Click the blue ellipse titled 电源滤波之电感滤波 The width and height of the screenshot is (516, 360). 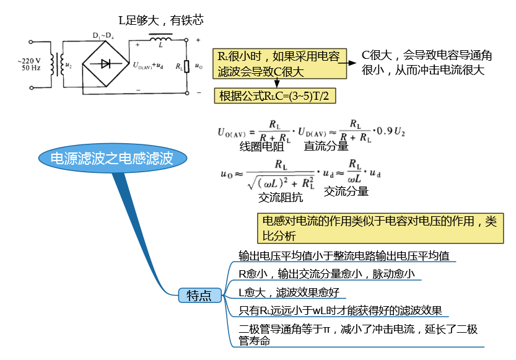tap(113, 158)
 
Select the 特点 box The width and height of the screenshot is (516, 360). tap(199, 295)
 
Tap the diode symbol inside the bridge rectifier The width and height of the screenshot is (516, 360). tap(105, 63)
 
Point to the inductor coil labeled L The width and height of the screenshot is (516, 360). tap(160, 39)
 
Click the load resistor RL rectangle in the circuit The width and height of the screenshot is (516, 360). tap(186, 66)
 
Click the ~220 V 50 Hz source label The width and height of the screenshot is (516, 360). tap(30, 64)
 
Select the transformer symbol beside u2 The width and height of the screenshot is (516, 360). tap(57, 65)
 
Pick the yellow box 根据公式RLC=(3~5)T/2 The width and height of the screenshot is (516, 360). tap(275, 96)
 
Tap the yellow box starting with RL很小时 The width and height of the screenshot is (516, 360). tap(280, 63)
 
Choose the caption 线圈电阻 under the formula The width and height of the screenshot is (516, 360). tap(261, 146)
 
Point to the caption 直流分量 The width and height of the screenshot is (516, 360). tap(326, 146)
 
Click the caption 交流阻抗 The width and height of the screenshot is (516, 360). tap(281, 197)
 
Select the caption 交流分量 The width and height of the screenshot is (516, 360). tap(346, 191)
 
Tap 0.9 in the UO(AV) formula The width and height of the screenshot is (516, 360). tap(385, 131)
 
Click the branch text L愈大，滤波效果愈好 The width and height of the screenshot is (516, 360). tap(289, 292)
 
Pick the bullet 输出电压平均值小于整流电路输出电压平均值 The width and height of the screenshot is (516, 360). tap(344, 256)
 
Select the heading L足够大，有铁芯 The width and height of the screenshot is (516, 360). tap(161, 20)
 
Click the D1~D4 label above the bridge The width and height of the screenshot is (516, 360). tap(103, 35)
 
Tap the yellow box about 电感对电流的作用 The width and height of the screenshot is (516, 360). tap(380, 229)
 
